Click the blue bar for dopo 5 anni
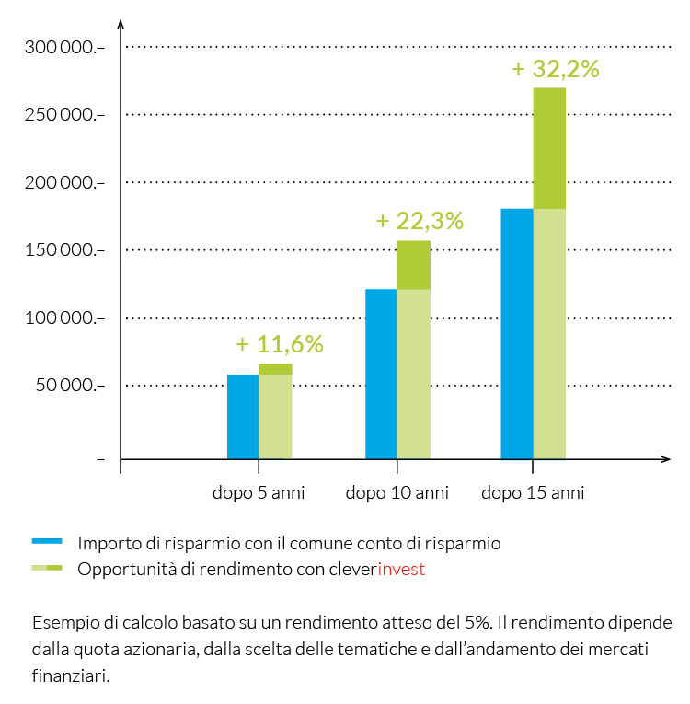pyautogui.click(x=243, y=416)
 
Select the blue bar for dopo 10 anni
pyautogui.click(x=381, y=374)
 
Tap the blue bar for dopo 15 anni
pyautogui.click(x=517, y=333)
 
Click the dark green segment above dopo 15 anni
pyautogui.click(x=549, y=148)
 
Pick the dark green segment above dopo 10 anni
pyautogui.click(x=414, y=265)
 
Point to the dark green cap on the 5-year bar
pyautogui.click(x=275, y=369)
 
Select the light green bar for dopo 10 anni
pyautogui.click(x=414, y=374)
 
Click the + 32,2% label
pyautogui.click(x=555, y=69)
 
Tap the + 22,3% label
pyautogui.click(x=420, y=221)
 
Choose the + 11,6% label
pyautogui.click(x=280, y=344)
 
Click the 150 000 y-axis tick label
pyautogui.click(x=57, y=250)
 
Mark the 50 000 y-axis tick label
pyautogui.click(x=62, y=386)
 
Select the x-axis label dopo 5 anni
pyautogui.click(x=259, y=492)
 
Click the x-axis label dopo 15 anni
pyautogui.click(x=533, y=492)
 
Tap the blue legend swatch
pyautogui.click(x=47, y=541)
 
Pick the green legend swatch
pyautogui.click(x=47, y=568)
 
